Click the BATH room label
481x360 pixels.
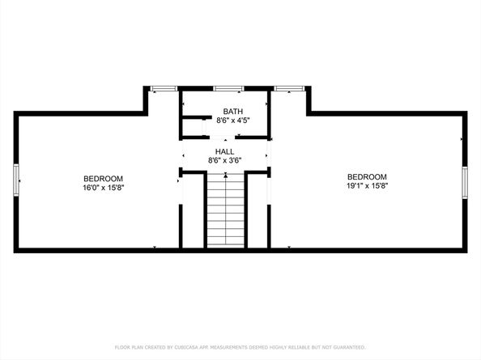(232, 111)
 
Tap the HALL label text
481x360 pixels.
(224, 151)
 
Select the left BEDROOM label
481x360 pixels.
(103, 178)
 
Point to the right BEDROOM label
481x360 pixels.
(367, 176)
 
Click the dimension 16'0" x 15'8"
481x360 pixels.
(103, 187)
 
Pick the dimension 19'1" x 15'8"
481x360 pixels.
(367, 185)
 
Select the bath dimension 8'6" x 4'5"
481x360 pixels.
(232, 121)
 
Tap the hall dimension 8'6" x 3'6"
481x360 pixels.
(224, 160)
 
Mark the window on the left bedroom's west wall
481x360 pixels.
(15, 180)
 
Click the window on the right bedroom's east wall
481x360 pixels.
(465, 181)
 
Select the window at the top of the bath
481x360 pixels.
(228, 87)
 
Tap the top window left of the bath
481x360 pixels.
(164, 87)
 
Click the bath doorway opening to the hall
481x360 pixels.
(224, 138)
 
